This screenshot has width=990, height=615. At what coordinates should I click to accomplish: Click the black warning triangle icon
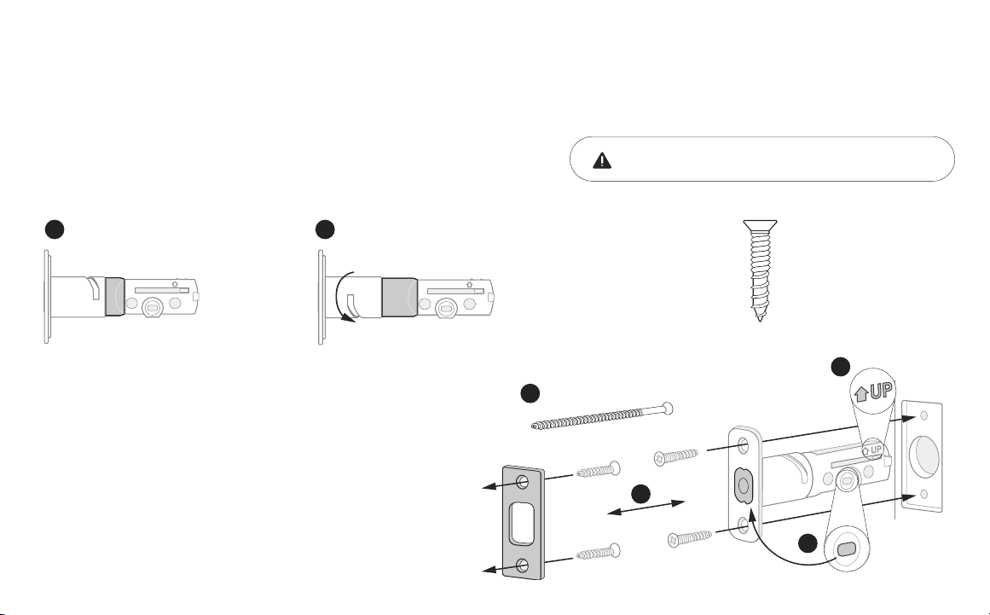point(602,160)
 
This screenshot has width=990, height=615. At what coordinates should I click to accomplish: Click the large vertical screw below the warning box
point(760,270)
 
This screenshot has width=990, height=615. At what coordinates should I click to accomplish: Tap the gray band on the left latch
point(115,296)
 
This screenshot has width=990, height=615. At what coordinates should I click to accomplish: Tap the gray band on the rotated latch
point(399,297)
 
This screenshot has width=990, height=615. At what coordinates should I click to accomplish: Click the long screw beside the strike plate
point(602,416)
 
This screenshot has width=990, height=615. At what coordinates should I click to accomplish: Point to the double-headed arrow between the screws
point(646,508)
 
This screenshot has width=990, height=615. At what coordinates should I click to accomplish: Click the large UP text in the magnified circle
point(882,391)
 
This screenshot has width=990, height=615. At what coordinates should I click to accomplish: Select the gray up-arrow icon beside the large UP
point(860,395)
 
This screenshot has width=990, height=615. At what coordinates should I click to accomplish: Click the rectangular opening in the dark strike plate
point(522,523)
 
